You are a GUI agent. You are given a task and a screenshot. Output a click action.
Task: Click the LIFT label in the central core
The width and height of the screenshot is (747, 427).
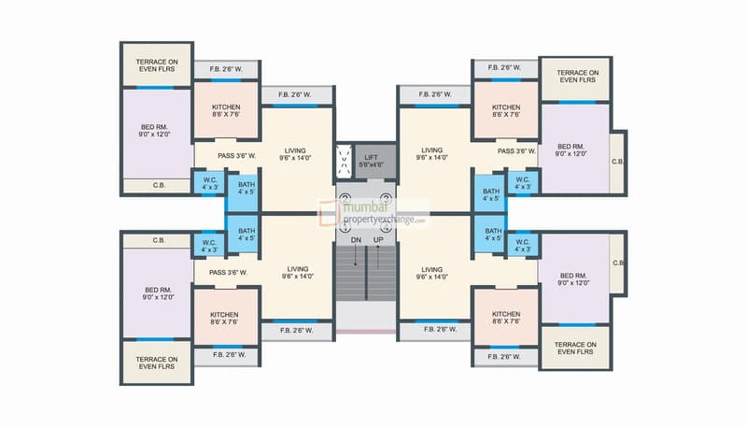coord(371,157)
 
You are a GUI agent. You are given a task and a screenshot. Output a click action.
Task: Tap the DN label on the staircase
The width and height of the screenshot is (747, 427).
coord(356,240)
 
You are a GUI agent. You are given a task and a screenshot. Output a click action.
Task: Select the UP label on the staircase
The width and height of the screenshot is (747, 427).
coord(378,240)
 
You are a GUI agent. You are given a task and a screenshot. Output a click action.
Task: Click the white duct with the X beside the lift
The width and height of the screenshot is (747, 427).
coord(344,161)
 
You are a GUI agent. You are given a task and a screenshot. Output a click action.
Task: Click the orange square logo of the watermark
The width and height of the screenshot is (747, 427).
coord(330,212)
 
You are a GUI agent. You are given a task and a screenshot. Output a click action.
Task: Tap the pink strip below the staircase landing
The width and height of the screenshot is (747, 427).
coord(366,331)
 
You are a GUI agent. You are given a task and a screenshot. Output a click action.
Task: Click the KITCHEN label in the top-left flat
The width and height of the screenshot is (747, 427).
coord(226,107)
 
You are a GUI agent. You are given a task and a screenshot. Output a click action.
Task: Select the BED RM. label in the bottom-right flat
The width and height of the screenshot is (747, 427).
coord(573,276)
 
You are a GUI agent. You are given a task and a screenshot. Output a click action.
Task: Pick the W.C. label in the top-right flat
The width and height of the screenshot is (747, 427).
coord(523,179)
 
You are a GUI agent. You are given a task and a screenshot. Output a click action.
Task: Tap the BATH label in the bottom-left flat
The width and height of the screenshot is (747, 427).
coord(247,231)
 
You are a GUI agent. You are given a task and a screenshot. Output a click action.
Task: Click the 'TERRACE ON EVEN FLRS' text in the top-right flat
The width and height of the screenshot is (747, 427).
coord(577,77)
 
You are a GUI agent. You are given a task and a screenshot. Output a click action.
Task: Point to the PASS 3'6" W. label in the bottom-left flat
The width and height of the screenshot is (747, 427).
coord(228,273)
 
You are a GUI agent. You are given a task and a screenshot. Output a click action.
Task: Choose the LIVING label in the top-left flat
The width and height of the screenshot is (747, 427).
coord(295,150)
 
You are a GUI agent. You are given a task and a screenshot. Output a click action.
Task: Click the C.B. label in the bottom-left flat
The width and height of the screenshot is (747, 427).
coord(159,240)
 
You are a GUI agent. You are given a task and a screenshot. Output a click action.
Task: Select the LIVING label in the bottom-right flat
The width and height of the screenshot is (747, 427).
coord(431,269)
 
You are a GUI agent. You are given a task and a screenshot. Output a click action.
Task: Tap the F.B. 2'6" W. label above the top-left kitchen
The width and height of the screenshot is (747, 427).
coord(226,69)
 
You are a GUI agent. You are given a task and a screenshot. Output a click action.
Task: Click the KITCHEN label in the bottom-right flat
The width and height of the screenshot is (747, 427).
coord(506,314)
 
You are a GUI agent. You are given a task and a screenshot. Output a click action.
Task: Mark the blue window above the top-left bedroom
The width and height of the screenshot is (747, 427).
coord(155,88)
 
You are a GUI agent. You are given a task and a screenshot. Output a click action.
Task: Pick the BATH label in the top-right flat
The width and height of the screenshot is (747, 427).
coord(491,192)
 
